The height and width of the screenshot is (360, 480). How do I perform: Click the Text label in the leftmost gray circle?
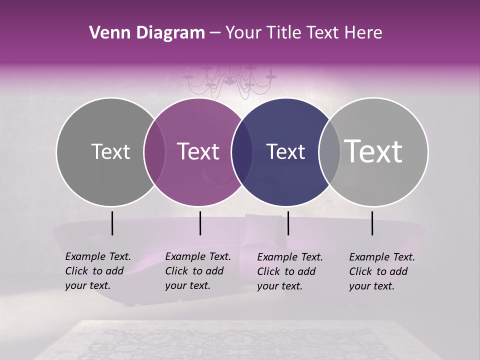click(x=110, y=151)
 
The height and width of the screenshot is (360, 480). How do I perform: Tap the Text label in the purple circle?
click(x=198, y=151)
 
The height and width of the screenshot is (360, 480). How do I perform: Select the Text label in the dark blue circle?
click(x=285, y=151)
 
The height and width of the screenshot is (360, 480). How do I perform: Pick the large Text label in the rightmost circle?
click(x=373, y=151)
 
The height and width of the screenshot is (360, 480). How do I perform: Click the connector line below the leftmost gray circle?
click(x=112, y=223)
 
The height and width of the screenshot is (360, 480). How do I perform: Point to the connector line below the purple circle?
click(x=200, y=223)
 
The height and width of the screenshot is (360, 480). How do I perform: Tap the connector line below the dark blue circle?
click(x=288, y=223)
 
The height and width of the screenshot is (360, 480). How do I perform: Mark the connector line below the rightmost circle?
click(x=372, y=223)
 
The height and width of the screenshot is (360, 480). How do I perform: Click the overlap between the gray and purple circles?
click(x=154, y=151)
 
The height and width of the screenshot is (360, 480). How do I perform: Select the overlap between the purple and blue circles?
click(x=242, y=151)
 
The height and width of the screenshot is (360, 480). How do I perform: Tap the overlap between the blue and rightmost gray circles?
click(x=329, y=151)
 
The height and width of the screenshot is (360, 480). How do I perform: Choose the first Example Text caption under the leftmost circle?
click(x=97, y=271)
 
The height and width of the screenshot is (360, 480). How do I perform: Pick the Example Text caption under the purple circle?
click(x=197, y=271)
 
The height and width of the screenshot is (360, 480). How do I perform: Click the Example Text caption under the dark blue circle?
click(x=289, y=271)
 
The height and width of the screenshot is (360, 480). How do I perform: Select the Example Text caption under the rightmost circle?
click(x=381, y=271)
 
